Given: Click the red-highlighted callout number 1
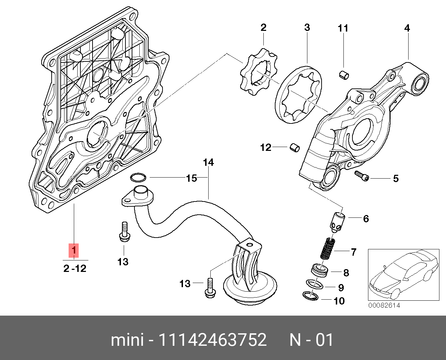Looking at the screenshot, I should [73, 250].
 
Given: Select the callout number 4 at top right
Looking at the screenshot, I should [407, 28].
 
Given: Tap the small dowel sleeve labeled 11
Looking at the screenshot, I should [343, 74].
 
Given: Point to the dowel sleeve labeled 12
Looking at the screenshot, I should [294, 148].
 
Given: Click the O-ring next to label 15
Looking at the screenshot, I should [138, 178].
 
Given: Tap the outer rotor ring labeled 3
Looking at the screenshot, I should [298, 96].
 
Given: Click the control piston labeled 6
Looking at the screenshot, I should [337, 222].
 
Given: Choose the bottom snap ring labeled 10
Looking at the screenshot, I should [310, 296].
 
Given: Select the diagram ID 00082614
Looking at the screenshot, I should [384, 305].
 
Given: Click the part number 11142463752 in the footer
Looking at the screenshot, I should [212, 340].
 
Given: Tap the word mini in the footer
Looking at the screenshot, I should [127, 340].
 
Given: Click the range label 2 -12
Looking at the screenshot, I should [75, 268].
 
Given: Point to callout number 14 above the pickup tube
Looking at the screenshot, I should [208, 162].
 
